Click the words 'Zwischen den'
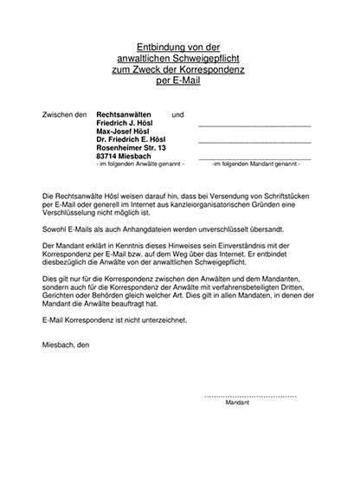[65, 114]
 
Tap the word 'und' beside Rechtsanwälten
[178, 114]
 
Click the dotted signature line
[250, 396]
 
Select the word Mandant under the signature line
[236, 403]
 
